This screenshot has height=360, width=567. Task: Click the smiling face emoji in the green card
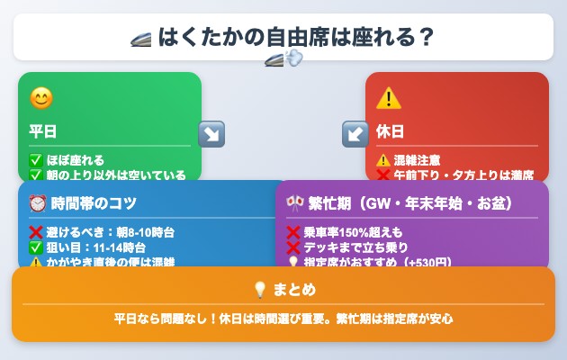tap(40, 97)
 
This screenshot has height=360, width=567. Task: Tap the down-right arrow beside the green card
tap(211, 134)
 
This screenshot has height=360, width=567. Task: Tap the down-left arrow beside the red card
tap(355, 134)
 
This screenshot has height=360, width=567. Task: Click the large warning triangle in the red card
tap(389, 97)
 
